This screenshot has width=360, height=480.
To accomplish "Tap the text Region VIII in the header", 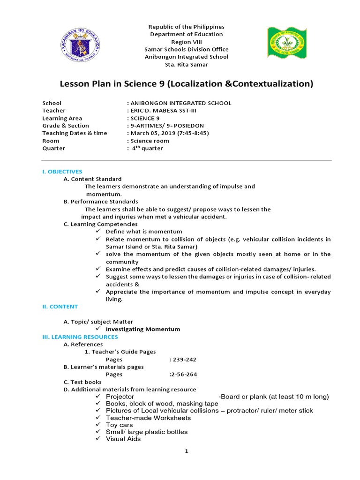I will (186, 42).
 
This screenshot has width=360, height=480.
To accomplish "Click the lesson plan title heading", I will (186, 84).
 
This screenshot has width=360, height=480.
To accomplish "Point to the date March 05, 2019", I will (151, 133).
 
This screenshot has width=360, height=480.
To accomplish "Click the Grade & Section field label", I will (66, 126).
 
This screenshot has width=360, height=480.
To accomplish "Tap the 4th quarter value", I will (147, 149).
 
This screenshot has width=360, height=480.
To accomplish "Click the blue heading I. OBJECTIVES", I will (62, 172).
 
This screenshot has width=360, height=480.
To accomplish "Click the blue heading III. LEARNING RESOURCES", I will (80, 337).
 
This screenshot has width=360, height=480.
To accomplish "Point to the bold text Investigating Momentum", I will (142, 329).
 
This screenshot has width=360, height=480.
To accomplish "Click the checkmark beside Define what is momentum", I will (98, 232).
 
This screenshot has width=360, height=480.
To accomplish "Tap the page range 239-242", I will (184, 360).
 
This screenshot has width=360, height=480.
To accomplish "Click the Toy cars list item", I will (119, 425).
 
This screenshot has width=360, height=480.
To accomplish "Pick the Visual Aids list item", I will (123, 439).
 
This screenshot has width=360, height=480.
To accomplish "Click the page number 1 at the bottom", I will (186, 451).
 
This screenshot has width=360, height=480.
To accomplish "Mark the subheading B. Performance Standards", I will (101, 202).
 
